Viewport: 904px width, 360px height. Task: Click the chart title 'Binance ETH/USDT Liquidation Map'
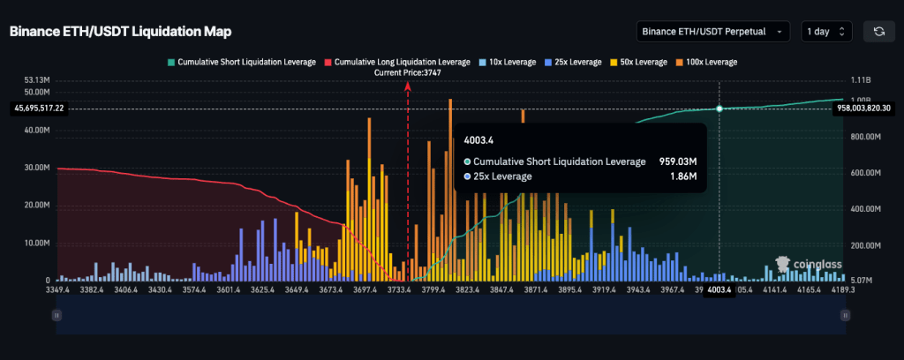[120, 32]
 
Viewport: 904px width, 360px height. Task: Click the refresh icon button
[879, 32]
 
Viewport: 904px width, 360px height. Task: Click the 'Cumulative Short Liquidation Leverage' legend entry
[244, 62]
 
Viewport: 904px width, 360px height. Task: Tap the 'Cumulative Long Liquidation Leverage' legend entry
[398, 62]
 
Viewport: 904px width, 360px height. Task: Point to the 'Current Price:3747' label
[408, 73]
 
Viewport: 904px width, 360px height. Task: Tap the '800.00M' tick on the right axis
[865, 138]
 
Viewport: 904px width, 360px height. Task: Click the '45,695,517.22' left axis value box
[41, 108]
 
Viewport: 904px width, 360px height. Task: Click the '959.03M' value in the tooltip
[678, 161]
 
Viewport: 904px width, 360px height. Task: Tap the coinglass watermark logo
[806, 262]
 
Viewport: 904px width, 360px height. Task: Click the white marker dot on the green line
[719, 109]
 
